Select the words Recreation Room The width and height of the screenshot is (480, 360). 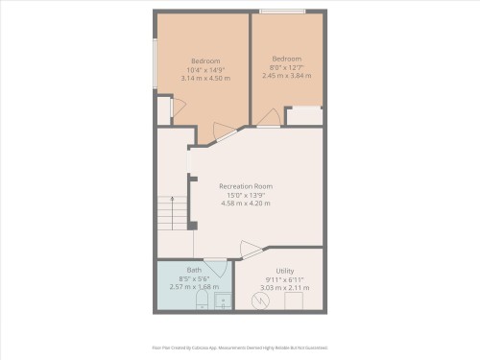click(x=246, y=185)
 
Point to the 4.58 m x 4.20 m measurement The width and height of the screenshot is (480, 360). click(x=246, y=203)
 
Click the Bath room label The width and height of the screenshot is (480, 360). click(x=194, y=270)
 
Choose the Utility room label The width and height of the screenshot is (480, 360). click(x=284, y=271)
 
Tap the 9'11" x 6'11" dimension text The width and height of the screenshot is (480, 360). click(x=284, y=279)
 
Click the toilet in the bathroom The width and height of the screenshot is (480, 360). click(x=201, y=303)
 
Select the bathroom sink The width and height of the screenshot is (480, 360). click(x=223, y=303)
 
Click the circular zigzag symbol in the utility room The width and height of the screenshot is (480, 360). click(x=258, y=301)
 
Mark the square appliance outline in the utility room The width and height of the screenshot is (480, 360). click(x=293, y=301)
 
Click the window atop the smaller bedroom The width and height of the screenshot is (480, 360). click(x=282, y=12)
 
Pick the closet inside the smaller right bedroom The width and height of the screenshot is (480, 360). click(x=304, y=116)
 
